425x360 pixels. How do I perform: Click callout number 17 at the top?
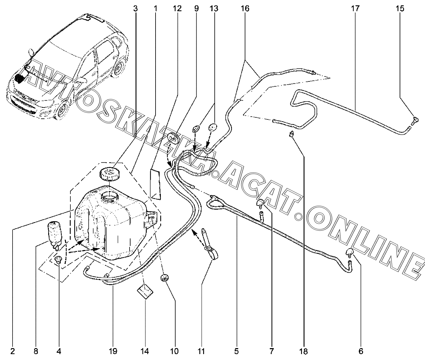pyautogui.click(x=355, y=8)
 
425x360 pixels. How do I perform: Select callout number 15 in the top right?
pyautogui.click(x=400, y=8)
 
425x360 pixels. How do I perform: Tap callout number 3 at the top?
pyautogui.click(x=135, y=8)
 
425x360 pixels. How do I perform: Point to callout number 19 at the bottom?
pyautogui.click(x=113, y=351)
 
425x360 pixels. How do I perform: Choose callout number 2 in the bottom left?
pyautogui.click(x=13, y=351)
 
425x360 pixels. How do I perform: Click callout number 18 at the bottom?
pyautogui.click(x=304, y=351)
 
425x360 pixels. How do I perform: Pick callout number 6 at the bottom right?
pyautogui.click(x=361, y=351)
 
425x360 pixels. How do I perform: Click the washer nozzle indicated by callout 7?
pyautogui.click(x=260, y=204)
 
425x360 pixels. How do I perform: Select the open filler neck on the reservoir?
pyautogui.click(x=110, y=197)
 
